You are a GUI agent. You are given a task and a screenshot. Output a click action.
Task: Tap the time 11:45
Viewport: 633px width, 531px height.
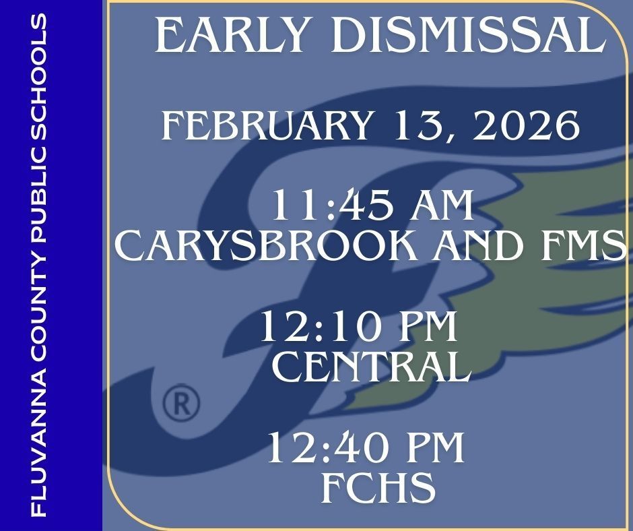pyautogui.click(x=327, y=206)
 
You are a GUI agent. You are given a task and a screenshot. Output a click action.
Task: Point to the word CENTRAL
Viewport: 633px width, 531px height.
pyautogui.click(x=370, y=367)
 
